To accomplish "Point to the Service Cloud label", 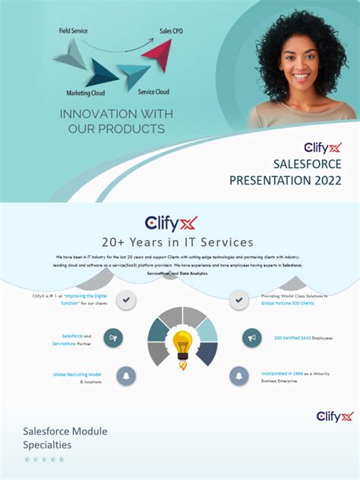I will tap(153, 92).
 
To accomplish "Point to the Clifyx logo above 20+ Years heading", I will tap(171, 223).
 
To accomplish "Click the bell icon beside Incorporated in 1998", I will tap(239, 375).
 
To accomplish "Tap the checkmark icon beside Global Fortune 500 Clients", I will tap(239, 300).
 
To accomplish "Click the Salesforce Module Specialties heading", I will tap(65, 437).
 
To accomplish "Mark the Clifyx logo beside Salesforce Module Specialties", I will tap(335, 415).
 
